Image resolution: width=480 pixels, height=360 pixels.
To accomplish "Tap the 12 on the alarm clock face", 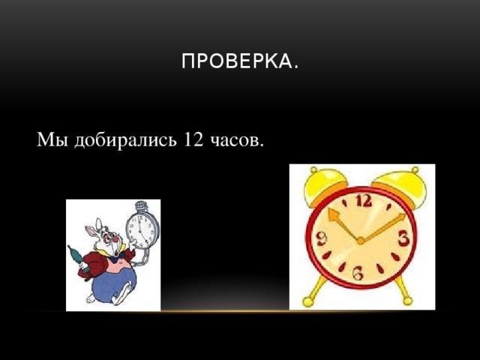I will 363,201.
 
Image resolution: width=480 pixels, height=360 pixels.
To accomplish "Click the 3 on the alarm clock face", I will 403,239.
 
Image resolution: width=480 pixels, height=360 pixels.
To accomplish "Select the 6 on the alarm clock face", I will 358,276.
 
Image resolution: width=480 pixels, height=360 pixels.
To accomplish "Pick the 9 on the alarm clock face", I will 321,240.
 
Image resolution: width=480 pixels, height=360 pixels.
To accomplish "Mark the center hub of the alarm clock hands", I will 361,240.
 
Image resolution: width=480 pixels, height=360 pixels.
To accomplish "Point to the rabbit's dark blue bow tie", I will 115,259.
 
